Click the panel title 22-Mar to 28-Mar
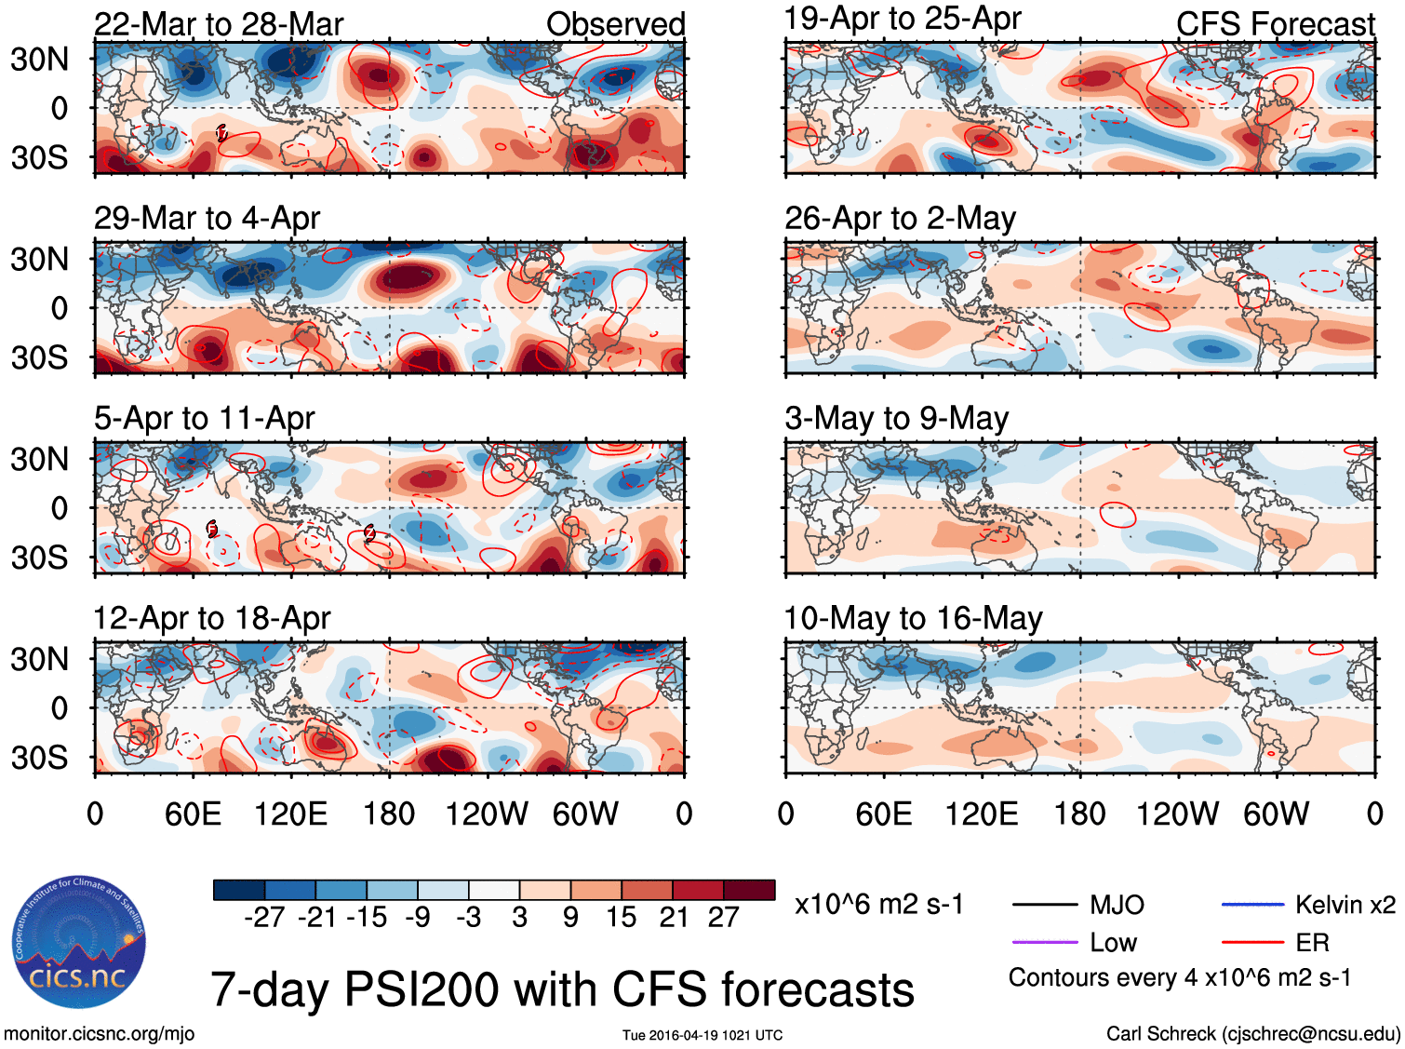pyautogui.click(x=219, y=24)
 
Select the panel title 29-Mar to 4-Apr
pyautogui.click(x=207, y=218)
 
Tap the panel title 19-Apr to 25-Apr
pyautogui.click(x=902, y=18)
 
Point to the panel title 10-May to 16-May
pyautogui.click(x=913, y=618)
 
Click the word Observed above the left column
pyautogui.click(x=615, y=24)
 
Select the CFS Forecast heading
pyautogui.click(x=1275, y=24)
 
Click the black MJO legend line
pyautogui.click(x=1044, y=905)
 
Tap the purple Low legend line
pyautogui.click(x=1044, y=943)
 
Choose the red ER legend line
pyautogui.click(x=1252, y=943)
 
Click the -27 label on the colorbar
pyautogui.click(x=264, y=918)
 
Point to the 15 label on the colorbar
pyautogui.click(x=622, y=918)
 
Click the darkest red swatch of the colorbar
pyautogui.click(x=749, y=890)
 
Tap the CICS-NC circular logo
pyautogui.click(x=79, y=942)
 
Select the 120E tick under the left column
pyautogui.click(x=290, y=814)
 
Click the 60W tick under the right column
pyautogui.click(x=1276, y=814)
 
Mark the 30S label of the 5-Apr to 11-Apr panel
pyautogui.click(x=39, y=558)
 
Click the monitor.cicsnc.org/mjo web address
pyautogui.click(x=99, y=1033)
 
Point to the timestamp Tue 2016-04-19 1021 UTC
pyautogui.click(x=702, y=1035)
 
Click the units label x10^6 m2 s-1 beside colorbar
pyautogui.click(x=878, y=905)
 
